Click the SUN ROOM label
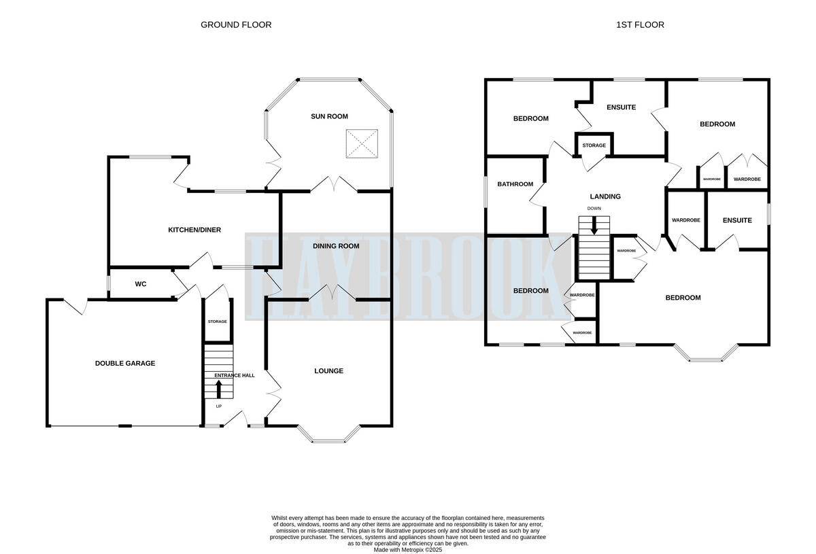pos(329,116)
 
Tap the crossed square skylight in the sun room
pos(361,143)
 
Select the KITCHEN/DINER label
pos(194,230)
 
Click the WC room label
pos(141,284)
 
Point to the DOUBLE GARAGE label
pos(125,364)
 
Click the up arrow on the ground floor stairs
pos(219,389)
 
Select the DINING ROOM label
pos(335,246)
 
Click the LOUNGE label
pos(328,371)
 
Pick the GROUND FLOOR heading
pos(236,25)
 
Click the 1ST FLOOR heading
pos(640,25)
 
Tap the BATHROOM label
pos(515,184)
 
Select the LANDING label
pos(605,197)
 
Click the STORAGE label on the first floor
pos(594,145)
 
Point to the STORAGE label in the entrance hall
pos(218,322)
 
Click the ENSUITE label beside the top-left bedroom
pos(620,107)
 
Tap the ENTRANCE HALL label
pos(235,375)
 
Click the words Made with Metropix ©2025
pos(408,549)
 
